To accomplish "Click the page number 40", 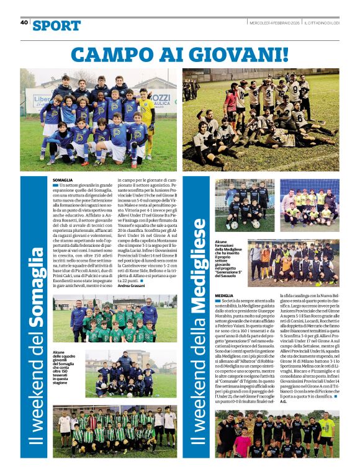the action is point(24,22).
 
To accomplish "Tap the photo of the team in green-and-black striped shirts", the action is point(114,431).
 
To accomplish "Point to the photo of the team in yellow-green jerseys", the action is point(308,205).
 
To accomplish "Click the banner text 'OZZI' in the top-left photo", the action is point(160,98).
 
